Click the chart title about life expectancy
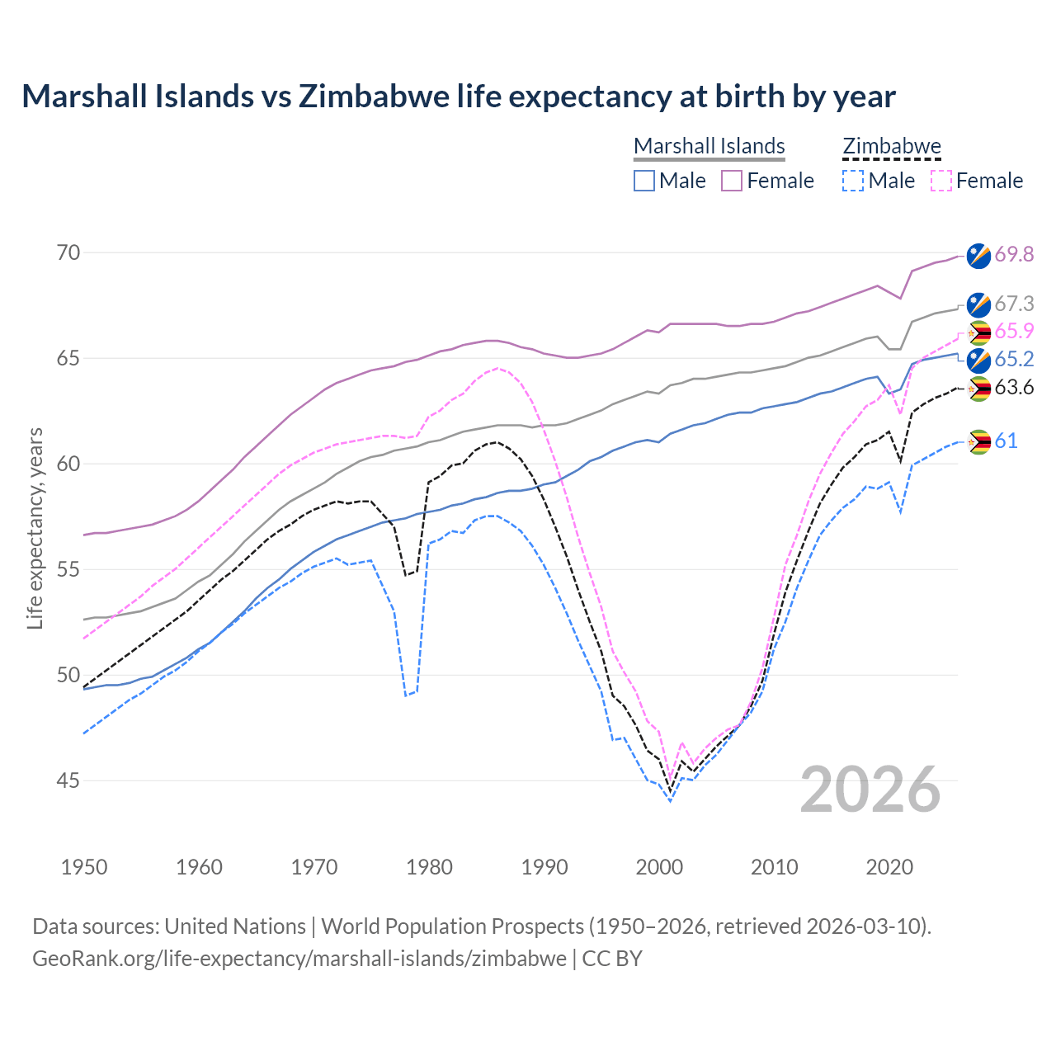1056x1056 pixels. (x=459, y=97)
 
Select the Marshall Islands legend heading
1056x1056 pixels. (x=709, y=146)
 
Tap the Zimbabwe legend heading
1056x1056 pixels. (x=891, y=146)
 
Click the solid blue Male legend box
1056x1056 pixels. (x=644, y=181)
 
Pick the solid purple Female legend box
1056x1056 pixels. (x=732, y=181)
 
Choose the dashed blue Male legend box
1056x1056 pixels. (x=853, y=181)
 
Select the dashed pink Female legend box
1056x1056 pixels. (x=941, y=181)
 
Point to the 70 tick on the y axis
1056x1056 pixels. (x=68, y=252)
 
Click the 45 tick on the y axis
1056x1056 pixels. (x=68, y=780)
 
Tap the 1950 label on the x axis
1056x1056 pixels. (x=84, y=867)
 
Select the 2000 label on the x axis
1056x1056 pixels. (x=659, y=867)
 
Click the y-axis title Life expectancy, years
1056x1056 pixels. (x=35, y=528)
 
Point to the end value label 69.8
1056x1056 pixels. (x=1014, y=254)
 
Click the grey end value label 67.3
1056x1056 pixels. (x=1014, y=304)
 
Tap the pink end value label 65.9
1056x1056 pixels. (x=1014, y=331)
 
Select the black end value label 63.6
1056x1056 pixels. (x=1014, y=387)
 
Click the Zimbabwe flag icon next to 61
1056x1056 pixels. (x=978, y=441)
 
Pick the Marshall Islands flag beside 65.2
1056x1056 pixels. (x=978, y=360)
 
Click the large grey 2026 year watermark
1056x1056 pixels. (x=870, y=790)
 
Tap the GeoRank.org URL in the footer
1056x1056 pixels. (x=299, y=959)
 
